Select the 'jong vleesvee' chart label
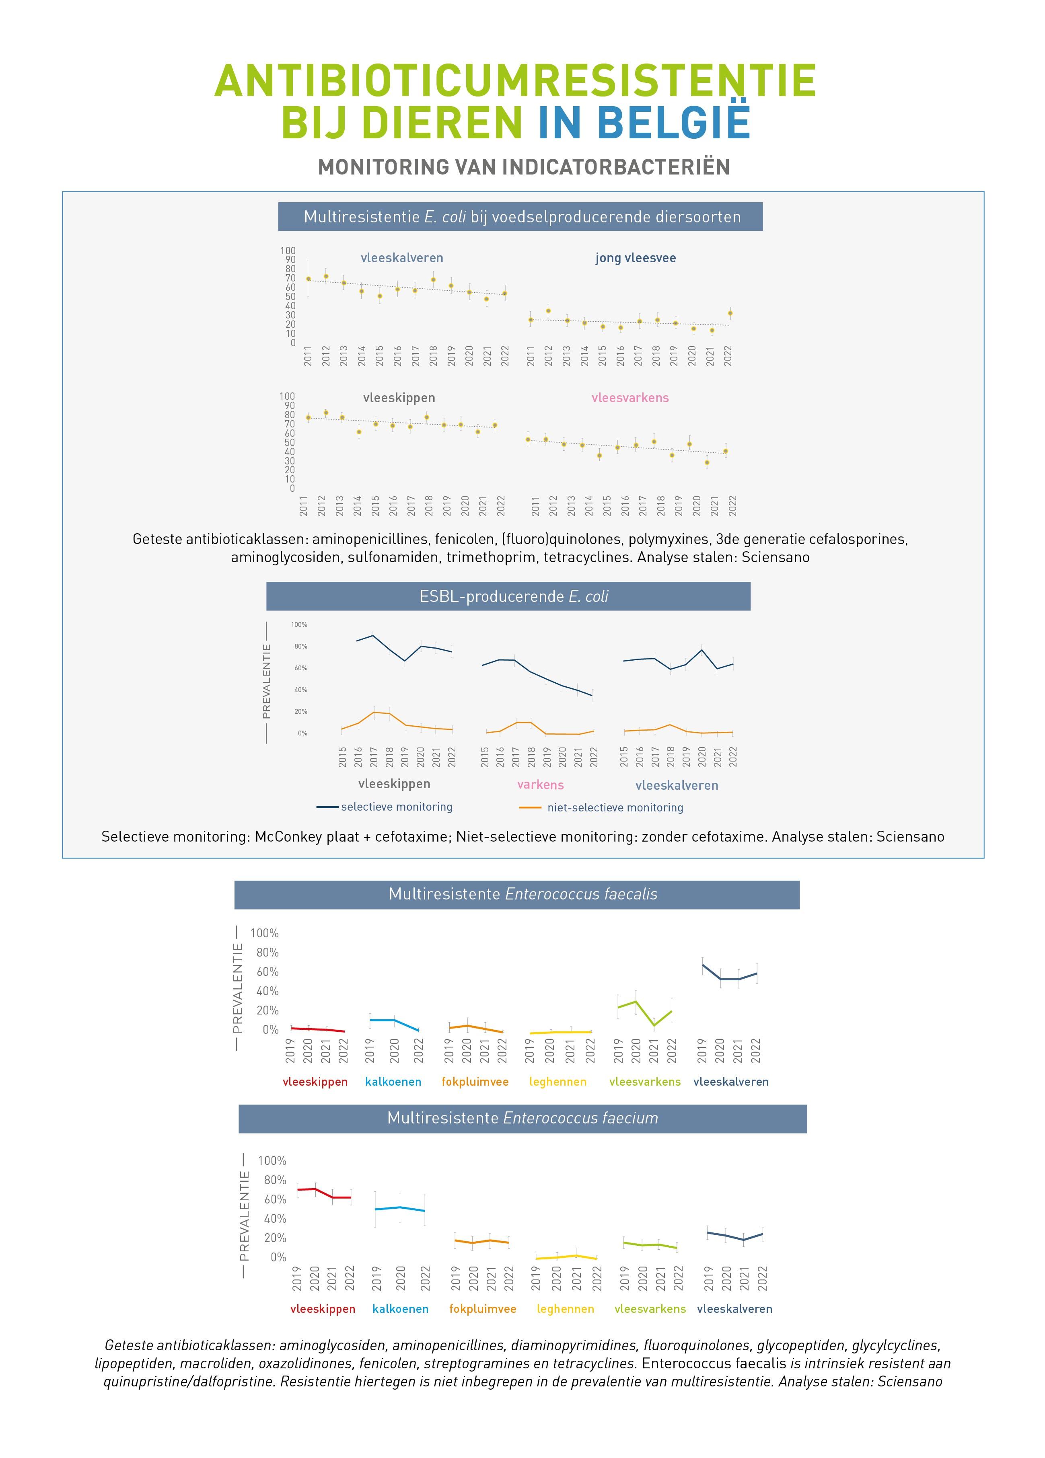pyautogui.click(x=636, y=259)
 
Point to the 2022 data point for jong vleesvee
pyautogui.click(x=729, y=314)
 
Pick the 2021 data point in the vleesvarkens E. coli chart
pyautogui.click(x=707, y=462)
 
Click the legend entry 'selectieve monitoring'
pyautogui.click(x=396, y=807)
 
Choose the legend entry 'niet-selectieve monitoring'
pyautogui.click(x=615, y=807)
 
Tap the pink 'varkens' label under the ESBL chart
pyautogui.click(x=540, y=785)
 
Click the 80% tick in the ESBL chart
pyautogui.click(x=300, y=646)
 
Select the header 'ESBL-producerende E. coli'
pyautogui.click(x=513, y=597)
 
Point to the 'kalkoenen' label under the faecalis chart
pyautogui.click(x=393, y=1082)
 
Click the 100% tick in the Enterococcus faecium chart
pyautogui.click(x=272, y=1160)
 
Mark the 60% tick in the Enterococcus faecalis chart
pyautogui.click(x=267, y=971)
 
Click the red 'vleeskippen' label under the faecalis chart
pyautogui.click(x=315, y=1082)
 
